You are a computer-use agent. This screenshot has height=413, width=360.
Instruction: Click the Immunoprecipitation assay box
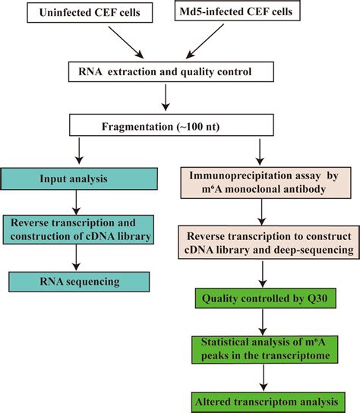[259, 184]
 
